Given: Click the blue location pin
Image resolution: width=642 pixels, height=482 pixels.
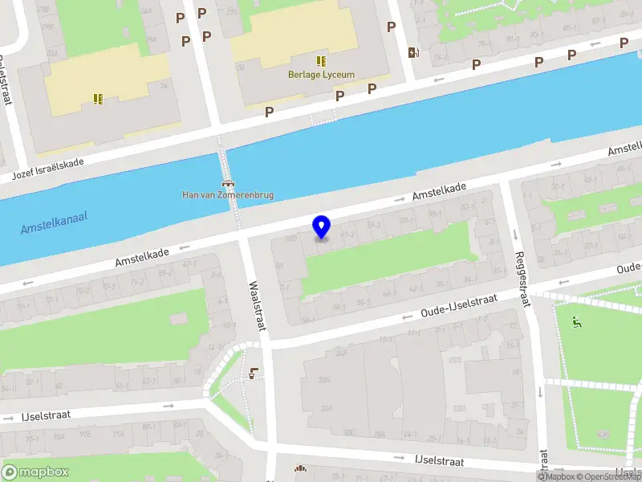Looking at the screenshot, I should tap(322, 227).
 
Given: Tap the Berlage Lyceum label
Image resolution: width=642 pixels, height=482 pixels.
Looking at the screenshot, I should tap(321, 75).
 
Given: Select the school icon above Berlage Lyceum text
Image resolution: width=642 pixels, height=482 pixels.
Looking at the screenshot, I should tap(321, 61).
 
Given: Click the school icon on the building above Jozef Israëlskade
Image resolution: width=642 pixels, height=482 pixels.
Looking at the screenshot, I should tap(98, 99).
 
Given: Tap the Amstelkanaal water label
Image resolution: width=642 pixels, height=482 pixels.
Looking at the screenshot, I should tap(55, 223).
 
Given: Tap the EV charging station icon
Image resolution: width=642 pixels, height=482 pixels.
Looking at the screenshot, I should tap(413, 53).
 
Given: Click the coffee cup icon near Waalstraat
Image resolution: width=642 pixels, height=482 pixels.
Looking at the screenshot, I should tap(254, 372).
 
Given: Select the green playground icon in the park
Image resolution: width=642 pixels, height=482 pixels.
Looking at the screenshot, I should tap(576, 323).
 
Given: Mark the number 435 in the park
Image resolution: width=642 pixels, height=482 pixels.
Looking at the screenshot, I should tap(602, 435).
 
